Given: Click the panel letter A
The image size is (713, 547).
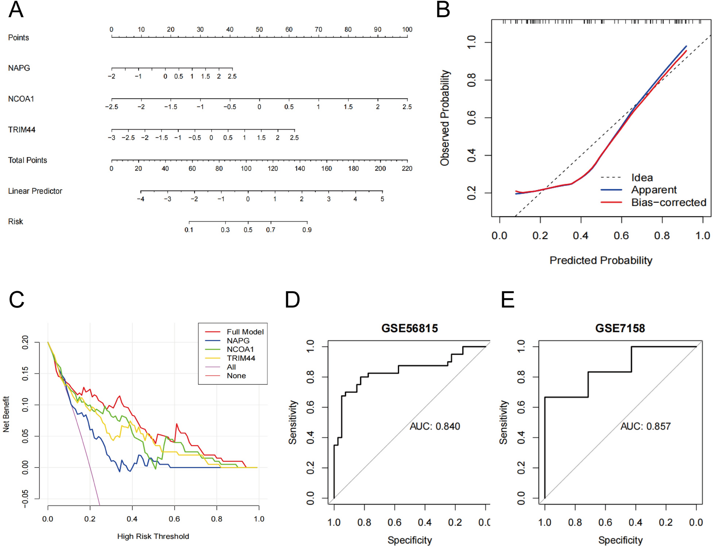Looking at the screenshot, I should [x=16, y=10].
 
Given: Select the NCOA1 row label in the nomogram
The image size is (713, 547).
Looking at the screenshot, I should [x=21, y=99].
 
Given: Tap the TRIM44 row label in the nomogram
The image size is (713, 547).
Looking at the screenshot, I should [x=22, y=130].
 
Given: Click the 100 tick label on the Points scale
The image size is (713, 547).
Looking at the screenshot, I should [x=407, y=29].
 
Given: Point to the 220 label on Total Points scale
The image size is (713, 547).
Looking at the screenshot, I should [x=407, y=168].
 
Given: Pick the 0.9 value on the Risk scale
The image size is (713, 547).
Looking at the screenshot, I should [x=307, y=230].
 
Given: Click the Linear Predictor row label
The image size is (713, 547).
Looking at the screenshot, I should [x=35, y=191].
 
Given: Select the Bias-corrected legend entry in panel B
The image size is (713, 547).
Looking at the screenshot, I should [x=668, y=202].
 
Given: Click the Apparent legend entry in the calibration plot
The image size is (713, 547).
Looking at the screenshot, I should [x=654, y=190].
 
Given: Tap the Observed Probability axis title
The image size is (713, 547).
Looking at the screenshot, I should [x=445, y=118].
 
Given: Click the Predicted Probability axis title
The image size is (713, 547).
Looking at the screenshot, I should [x=601, y=260].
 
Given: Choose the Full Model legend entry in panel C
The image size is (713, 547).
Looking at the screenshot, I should [x=245, y=332].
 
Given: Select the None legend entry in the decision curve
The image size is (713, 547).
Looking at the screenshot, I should [x=236, y=376].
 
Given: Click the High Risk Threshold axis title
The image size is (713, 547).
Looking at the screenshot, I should [x=153, y=536].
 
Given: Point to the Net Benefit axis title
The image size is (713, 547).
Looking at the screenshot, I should [x=6, y=414].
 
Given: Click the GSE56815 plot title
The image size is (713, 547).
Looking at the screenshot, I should [x=409, y=328].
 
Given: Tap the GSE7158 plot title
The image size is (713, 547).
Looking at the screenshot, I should [x=620, y=328].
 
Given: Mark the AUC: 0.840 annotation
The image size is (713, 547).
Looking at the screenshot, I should [x=435, y=426].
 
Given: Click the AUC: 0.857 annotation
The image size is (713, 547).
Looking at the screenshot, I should [x=645, y=426].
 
